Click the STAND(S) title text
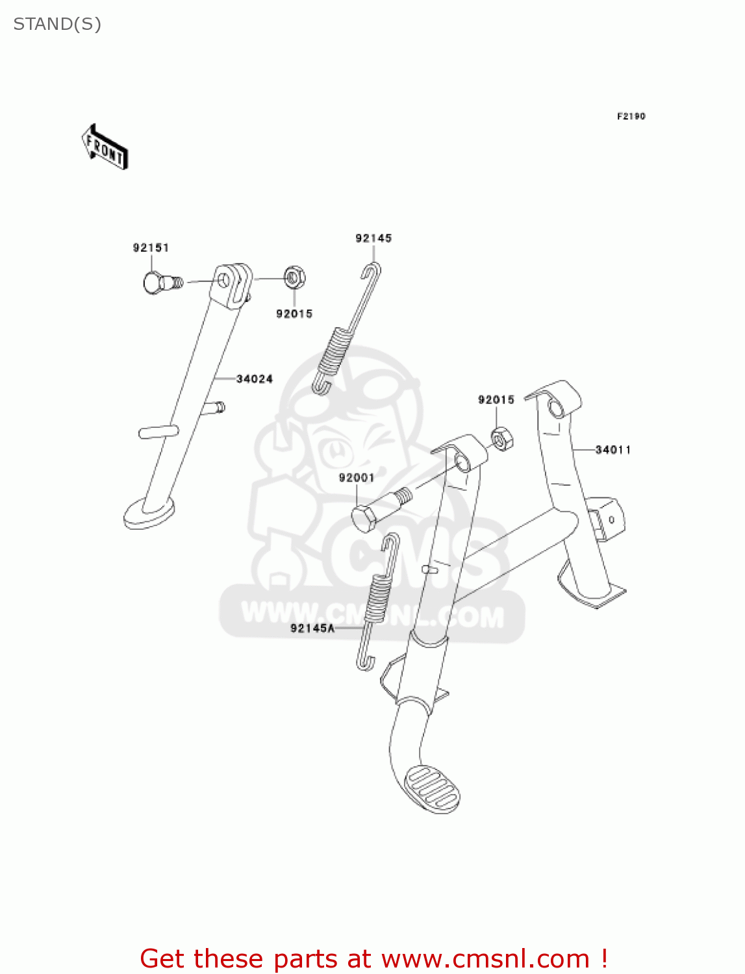57,24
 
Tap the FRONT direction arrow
105,147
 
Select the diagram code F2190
631,116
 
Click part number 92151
151,247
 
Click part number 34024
254,379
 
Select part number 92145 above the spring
373,238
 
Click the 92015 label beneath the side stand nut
294,314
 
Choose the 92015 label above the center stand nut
496,400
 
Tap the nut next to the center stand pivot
501,440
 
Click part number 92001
357,478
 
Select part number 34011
613,449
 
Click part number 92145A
312,628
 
